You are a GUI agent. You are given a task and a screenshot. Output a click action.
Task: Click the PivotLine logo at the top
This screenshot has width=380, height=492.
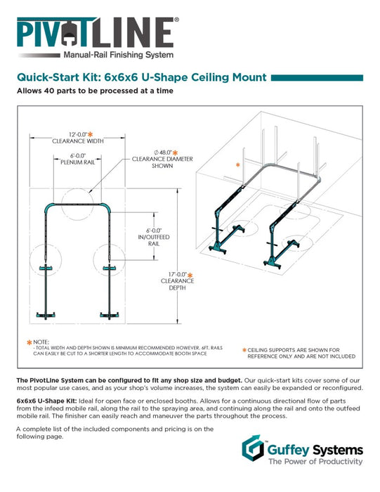98,38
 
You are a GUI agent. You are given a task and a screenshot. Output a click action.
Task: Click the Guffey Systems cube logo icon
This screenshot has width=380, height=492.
253,448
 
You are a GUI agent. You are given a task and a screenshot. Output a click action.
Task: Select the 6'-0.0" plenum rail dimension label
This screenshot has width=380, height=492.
77,159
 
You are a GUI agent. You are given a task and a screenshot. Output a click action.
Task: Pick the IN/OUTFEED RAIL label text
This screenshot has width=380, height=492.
154,240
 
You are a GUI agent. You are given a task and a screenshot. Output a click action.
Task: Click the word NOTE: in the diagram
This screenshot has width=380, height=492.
41,342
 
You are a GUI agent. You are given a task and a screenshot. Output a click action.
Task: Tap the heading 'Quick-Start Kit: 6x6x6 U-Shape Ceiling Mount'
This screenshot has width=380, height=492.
142,77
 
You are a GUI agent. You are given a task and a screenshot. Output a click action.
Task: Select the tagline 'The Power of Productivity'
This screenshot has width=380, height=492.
315,461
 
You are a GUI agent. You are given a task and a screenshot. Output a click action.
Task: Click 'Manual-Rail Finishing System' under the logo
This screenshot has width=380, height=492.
119,55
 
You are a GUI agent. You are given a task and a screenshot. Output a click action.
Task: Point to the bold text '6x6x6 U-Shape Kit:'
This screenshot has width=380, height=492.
47,401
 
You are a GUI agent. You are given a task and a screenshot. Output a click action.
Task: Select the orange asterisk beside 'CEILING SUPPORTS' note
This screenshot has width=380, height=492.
244,350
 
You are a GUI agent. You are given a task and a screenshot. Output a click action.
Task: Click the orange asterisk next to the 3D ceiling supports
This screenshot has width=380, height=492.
237,164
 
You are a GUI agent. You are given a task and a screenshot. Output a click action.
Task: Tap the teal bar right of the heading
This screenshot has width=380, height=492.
317,78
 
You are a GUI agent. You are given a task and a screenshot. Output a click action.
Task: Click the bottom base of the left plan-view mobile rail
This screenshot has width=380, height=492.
46,315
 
